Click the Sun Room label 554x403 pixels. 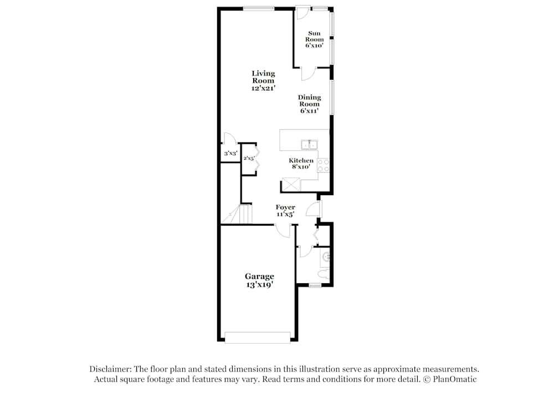(314, 39)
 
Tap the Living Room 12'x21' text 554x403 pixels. (263, 81)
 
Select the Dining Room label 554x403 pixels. (310, 104)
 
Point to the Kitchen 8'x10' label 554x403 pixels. (301, 164)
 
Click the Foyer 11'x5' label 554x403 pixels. (285, 211)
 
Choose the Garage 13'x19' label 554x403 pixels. (259, 280)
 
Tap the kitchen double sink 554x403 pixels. (309, 145)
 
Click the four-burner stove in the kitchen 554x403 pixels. (324, 165)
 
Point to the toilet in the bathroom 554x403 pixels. (325, 273)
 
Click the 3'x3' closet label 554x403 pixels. (230, 154)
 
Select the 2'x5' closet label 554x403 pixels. (249, 159)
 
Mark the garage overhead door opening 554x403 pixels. (258, 337)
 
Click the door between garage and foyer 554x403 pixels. (283, 231)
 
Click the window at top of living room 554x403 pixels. (258, 8)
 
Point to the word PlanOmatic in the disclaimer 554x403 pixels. (454, 380)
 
